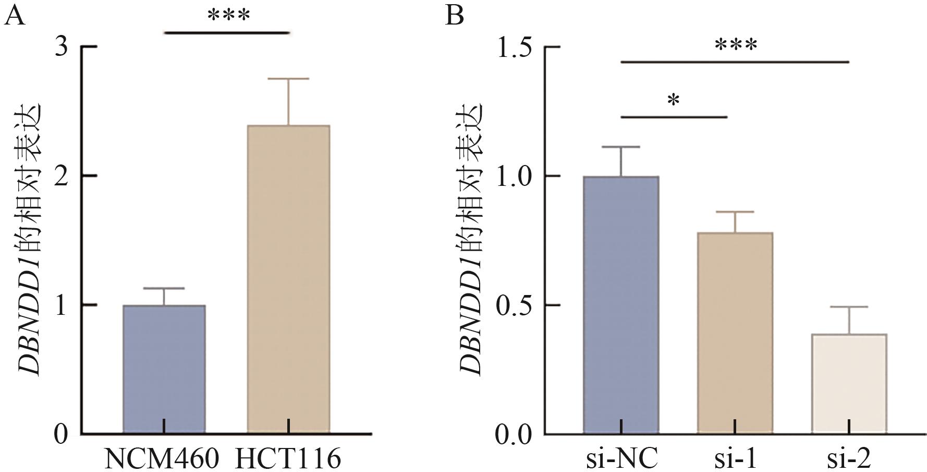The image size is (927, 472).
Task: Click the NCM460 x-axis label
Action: point(162,459)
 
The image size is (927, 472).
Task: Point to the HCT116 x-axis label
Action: point(288,459)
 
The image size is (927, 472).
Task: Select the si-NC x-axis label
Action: point(620,459)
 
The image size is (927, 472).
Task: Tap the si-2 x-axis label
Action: point(849,459)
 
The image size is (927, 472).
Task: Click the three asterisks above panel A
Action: point(228,16)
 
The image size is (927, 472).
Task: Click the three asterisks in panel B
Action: point(736,45)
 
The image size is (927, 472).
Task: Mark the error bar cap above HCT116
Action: point(288,78)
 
